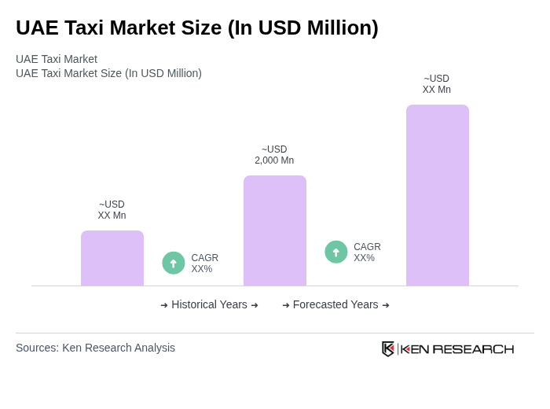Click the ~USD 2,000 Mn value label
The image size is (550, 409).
click(x=274, y=155)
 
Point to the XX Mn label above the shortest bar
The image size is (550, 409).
click(x=112, y=210)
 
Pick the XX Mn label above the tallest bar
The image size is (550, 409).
click(x=437, y=84)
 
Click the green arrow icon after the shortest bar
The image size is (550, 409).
click(x=174, y=263)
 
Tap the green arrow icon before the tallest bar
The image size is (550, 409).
click(x=336, y=252)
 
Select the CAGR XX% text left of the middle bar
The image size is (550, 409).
click(x=205, y=263)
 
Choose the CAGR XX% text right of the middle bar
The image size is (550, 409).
click(x=367, y=252)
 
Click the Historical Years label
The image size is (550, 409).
click(x=209, y=304)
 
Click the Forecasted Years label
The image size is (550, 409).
click(x=335, y=304)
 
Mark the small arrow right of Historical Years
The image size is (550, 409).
click(x=255, y=305)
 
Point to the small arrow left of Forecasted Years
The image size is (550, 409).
click(x=286, y=305)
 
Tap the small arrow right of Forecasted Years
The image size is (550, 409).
click(x=386, y=305)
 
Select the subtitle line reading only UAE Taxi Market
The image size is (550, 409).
click(x=57, y=59)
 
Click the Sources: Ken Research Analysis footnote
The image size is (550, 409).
click(x=95, y=348)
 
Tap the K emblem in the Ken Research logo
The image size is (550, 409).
click(x=388, y=348)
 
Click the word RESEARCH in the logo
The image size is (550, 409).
click(x=473, y=349)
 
